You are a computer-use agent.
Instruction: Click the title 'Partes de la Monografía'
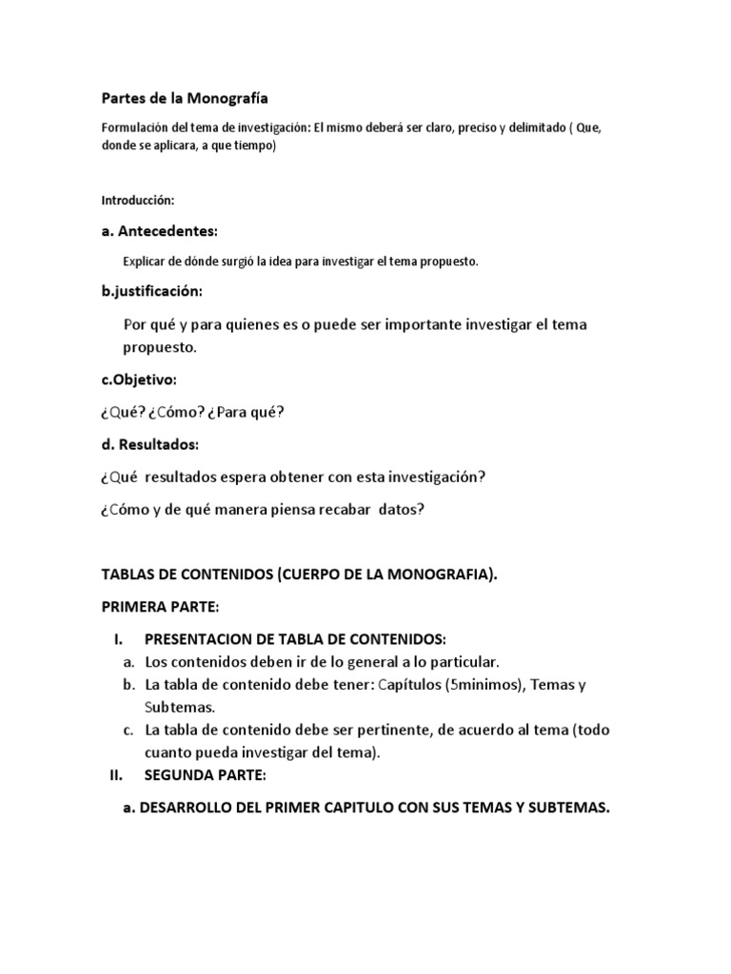(185, 97)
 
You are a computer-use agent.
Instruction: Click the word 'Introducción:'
(138, 201)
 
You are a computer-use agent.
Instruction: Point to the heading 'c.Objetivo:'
(139, 380)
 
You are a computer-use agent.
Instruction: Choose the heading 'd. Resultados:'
(150, 444)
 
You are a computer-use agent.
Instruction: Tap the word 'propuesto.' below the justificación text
(160, 347)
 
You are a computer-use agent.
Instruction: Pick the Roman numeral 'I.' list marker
(118, 638)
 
